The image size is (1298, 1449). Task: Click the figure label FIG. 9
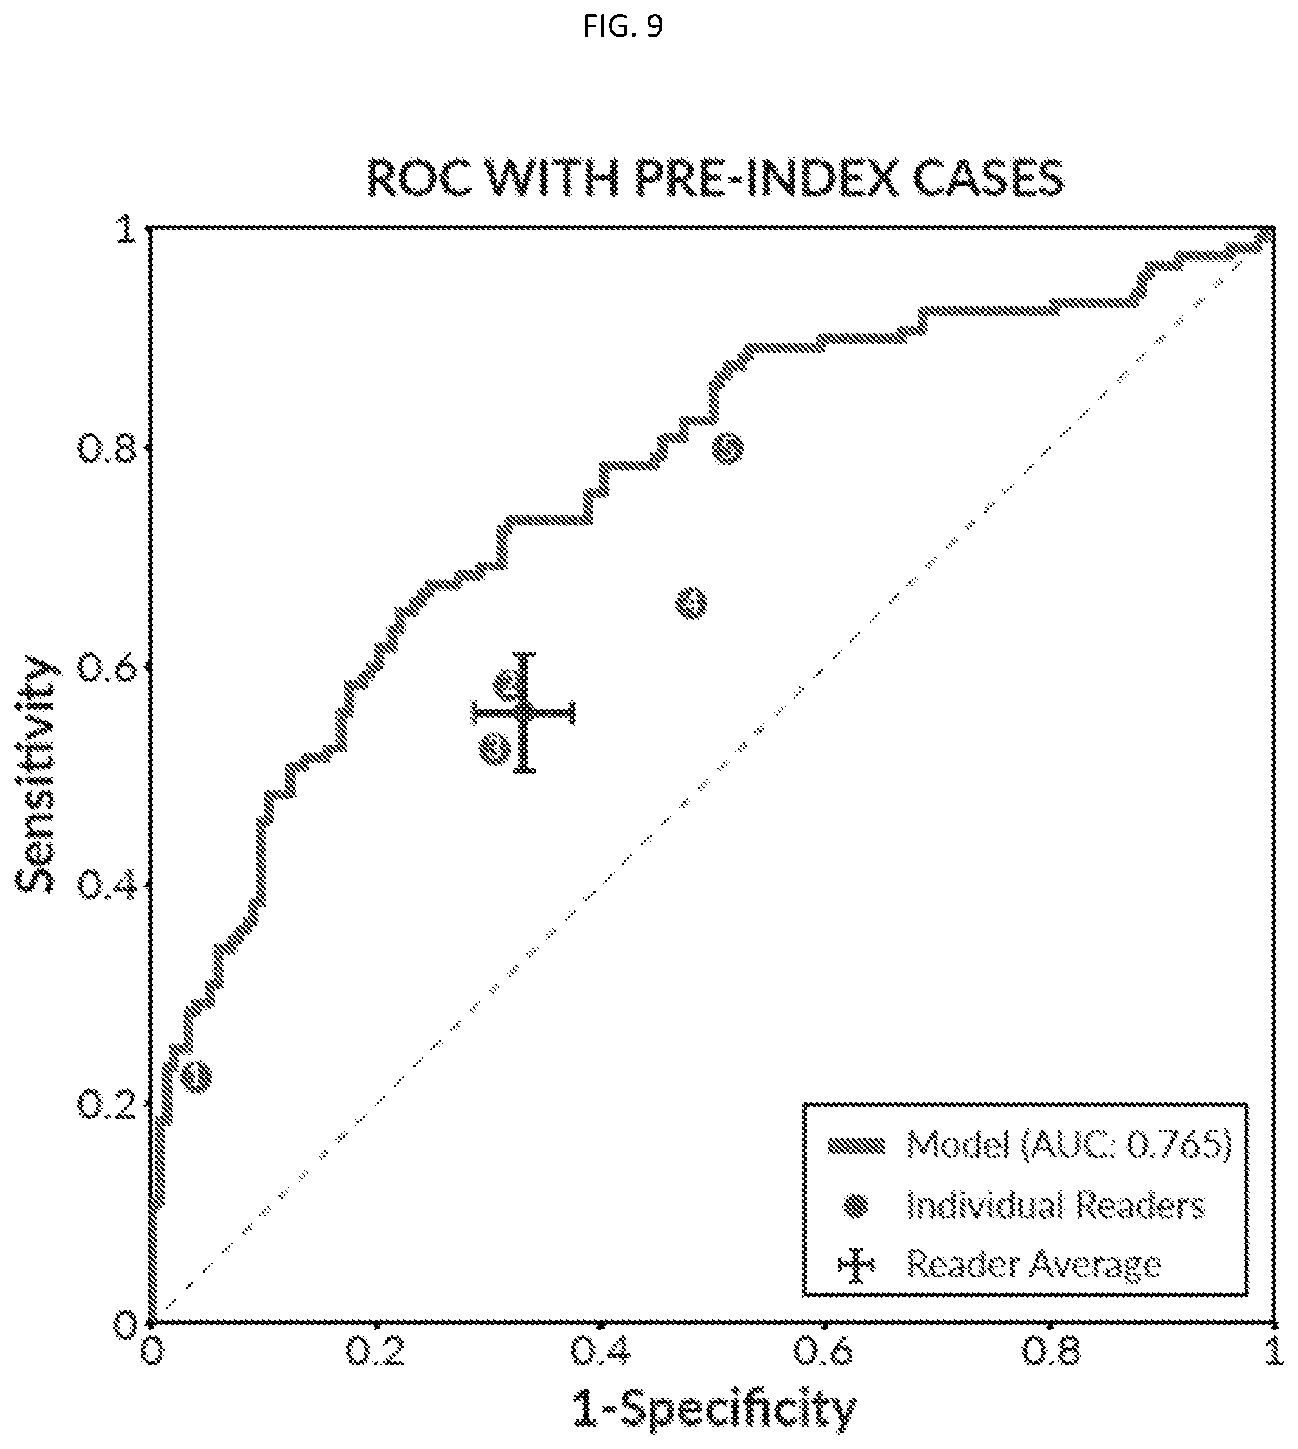[x=622, y=27]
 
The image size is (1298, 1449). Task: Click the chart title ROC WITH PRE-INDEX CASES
[x=715, y=178]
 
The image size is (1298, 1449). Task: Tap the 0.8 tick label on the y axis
[x=105, y=449]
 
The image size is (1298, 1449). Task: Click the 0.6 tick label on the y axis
[x=105, y=667]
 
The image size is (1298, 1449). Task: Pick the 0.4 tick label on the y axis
[x=105, y=886]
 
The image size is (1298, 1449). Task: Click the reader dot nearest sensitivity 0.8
[x=728, y=449]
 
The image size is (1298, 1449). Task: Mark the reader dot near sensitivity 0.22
[x=196, y=1076]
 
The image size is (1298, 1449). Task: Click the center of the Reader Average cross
[x=525, y=712]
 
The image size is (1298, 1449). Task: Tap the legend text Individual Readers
[x=1055, y=1206]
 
